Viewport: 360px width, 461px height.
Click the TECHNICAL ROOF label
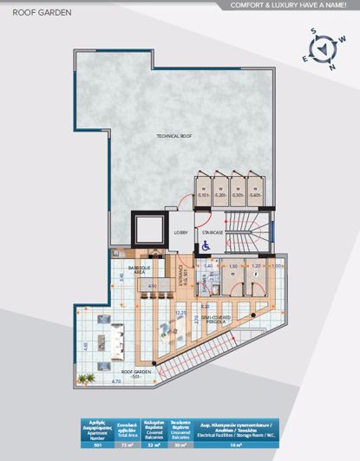173,136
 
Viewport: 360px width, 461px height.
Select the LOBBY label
181,232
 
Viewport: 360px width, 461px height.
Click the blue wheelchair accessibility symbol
206,245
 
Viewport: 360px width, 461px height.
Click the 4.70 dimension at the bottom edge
93,381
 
